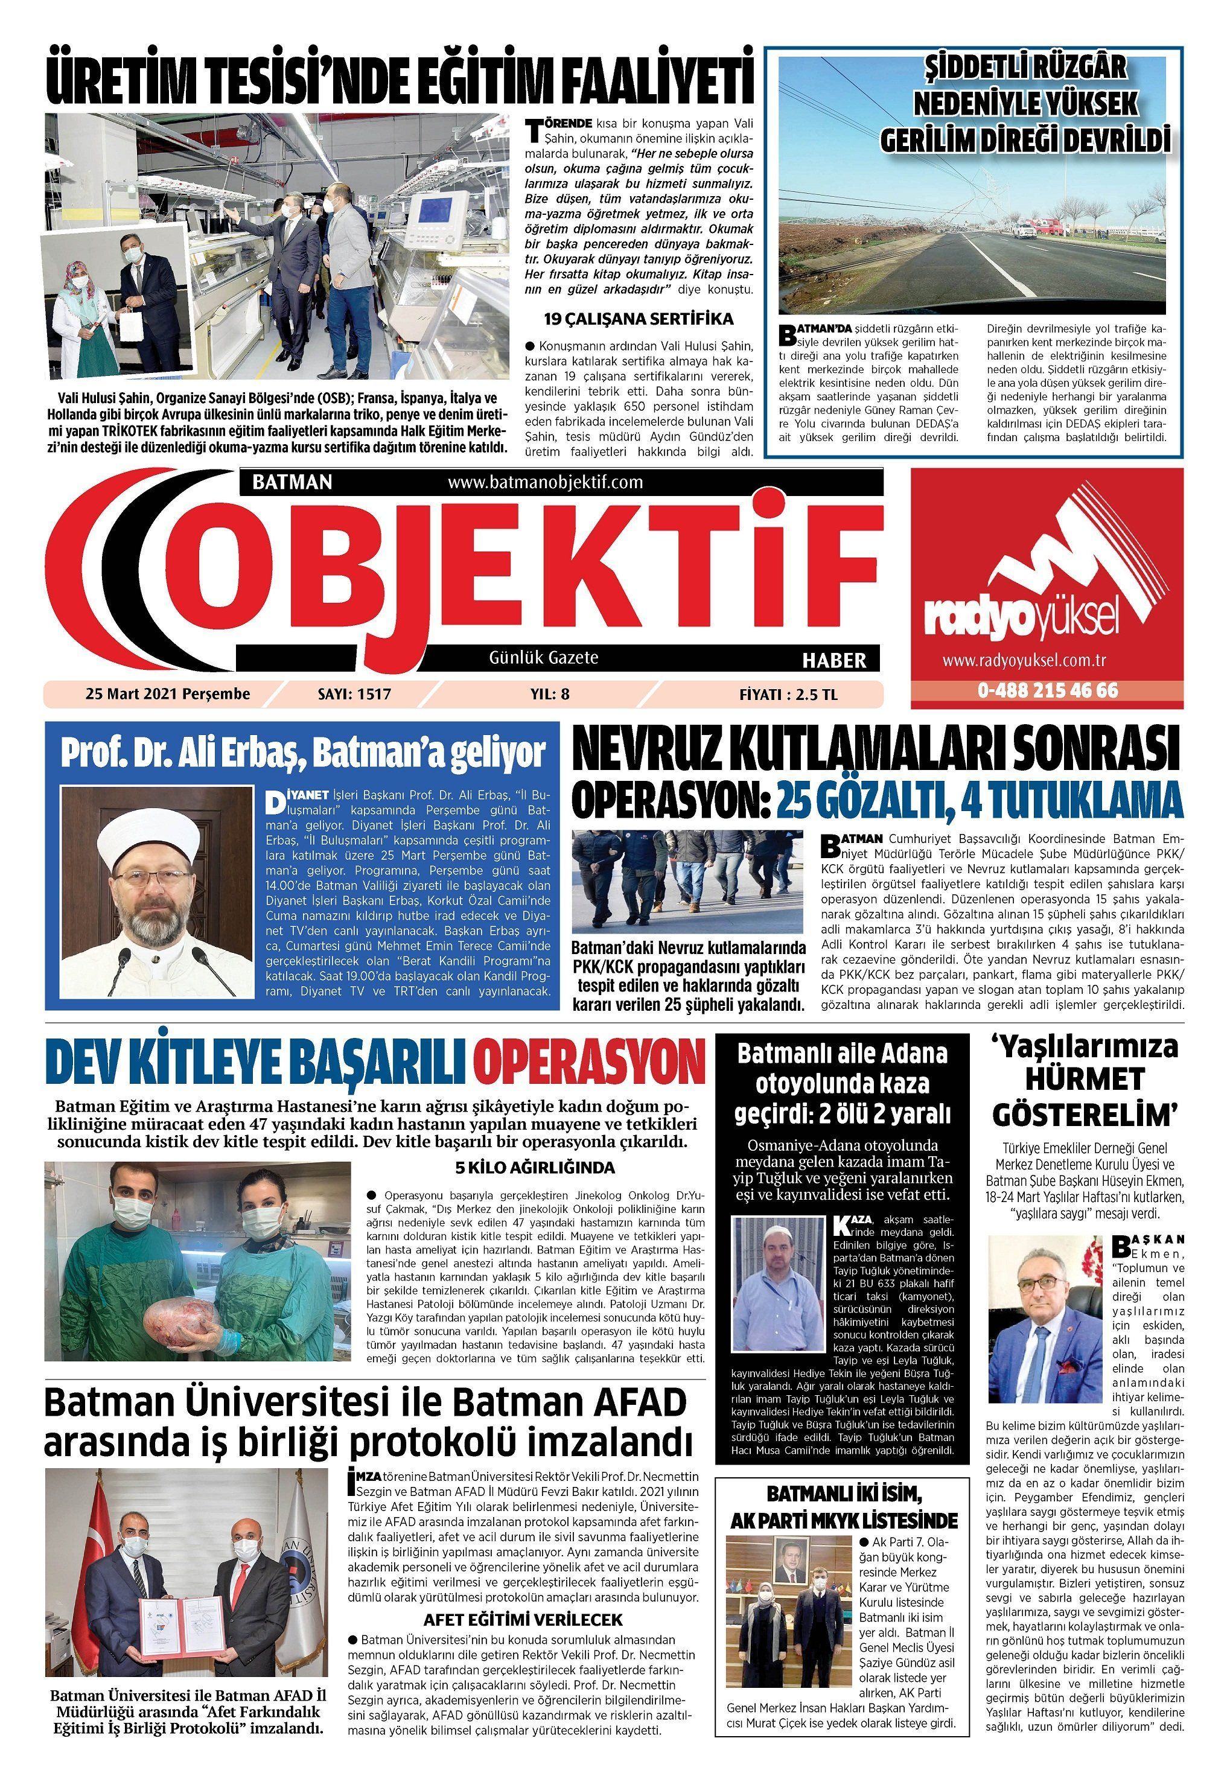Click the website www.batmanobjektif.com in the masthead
point(545,482)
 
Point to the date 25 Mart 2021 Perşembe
point(167,693)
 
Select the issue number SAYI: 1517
point(354,693)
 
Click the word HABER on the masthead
point(835,660)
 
